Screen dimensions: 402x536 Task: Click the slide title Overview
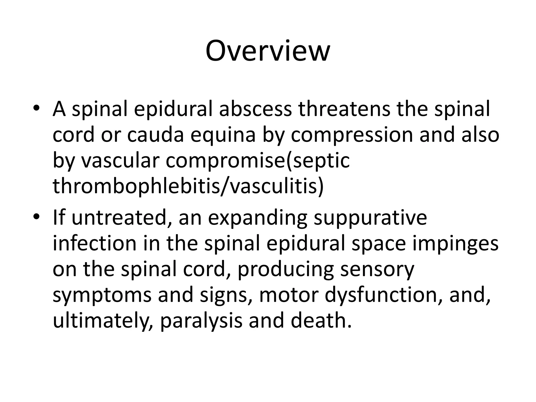click(268, 51)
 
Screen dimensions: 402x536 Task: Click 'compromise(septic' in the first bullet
click(258, 161)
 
